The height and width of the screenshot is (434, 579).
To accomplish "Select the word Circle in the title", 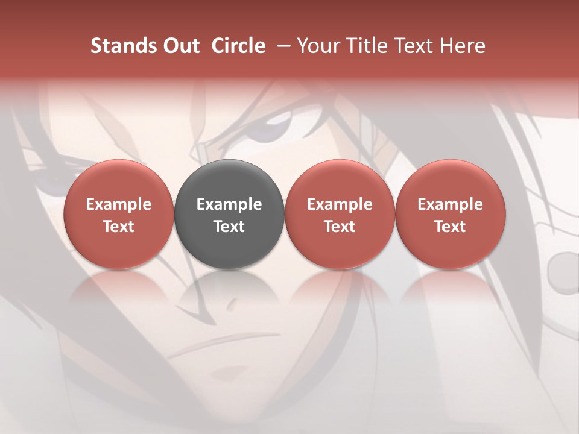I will click(x=238, y=46).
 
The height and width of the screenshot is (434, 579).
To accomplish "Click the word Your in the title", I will click(x=315, y=46).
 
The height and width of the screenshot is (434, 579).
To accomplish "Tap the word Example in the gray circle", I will click(x=229, y=204).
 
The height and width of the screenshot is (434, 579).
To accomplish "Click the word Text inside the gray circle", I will click(x=229, y=227).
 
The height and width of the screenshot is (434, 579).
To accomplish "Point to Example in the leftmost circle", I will click(x=119, y=204).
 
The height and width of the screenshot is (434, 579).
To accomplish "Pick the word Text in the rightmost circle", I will click(x=451, y=227).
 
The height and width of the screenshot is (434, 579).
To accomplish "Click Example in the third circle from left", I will click(x=340, y=204).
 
